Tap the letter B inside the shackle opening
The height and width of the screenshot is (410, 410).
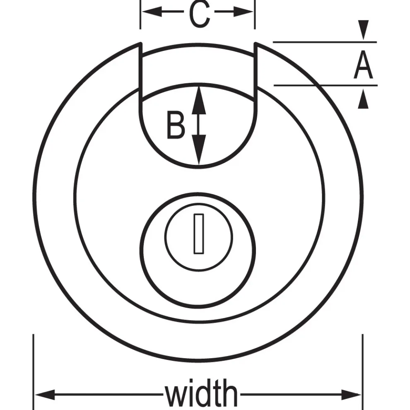pyautogui.click(x=176, y=125)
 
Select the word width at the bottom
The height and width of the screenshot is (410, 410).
pyautogui.click(x=202, y=395)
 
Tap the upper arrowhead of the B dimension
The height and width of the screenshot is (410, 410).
pyautogui.click(x=199, y=97)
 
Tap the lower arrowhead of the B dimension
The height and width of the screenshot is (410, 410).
pyautogui.click(x=199, y=155)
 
